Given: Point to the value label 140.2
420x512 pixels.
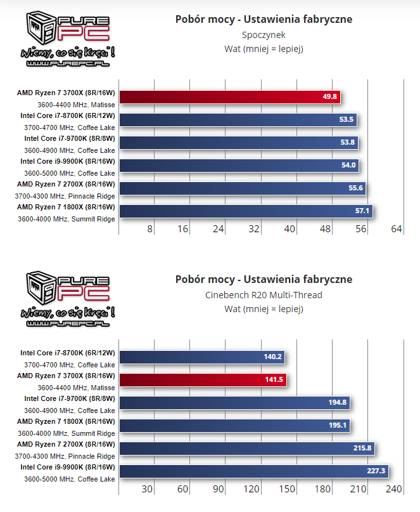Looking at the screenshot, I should coord(272,357).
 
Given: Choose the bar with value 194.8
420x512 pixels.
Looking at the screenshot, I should coord(234,403).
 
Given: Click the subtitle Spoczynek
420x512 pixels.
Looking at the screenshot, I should coord(264,35).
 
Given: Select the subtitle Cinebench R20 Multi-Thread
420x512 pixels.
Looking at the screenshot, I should coord(264,295).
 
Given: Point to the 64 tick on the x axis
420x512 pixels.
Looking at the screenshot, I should coord(397,229).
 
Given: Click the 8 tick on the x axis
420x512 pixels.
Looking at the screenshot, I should coord(150,229).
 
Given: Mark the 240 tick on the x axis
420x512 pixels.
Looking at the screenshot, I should coord(394,489).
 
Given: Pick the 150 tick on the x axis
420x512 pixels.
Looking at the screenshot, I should coord(287,489).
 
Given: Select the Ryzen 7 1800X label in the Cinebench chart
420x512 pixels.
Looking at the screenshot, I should coord(66,421).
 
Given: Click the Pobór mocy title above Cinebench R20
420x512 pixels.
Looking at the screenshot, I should coord(264,279).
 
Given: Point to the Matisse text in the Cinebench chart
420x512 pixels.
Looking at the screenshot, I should coord(102,388).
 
